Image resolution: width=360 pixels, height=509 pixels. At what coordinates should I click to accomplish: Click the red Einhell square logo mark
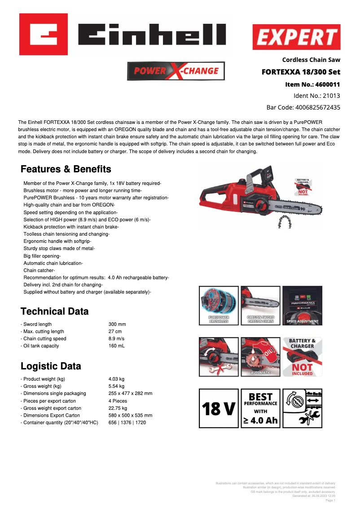(43, 34)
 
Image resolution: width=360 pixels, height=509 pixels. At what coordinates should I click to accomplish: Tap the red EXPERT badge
(296, 37)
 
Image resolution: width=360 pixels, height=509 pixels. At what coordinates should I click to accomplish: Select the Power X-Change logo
(176, 71)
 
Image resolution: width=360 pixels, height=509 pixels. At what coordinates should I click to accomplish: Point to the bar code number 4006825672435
(317, 107)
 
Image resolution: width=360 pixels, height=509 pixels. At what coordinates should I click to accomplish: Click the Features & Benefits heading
(66, 169)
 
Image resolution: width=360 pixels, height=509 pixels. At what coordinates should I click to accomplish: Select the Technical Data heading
(55, 312)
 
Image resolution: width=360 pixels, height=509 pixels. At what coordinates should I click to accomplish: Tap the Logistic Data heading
(51, 366)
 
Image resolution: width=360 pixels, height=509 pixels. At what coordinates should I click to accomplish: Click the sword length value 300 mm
(117, 324)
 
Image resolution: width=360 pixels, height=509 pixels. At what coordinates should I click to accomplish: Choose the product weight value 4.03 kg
(116, 379)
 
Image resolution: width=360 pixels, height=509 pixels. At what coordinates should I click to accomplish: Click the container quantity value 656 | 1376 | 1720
(127, 422)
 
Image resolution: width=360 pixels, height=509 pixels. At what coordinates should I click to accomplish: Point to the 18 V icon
(219, 408)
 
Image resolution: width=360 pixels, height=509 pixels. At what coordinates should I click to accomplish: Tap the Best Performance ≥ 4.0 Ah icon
(260, 408)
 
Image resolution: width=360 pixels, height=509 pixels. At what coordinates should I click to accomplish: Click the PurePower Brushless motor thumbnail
(219, 306)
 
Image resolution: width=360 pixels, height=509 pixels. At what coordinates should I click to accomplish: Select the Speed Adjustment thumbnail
(302, 306)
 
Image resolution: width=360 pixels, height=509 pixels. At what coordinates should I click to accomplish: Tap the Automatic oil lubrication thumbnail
(260, 357)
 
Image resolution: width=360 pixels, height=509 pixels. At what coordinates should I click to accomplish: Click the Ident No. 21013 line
(316, 96)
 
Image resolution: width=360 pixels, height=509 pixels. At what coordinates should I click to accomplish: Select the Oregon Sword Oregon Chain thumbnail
(260, 306)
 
